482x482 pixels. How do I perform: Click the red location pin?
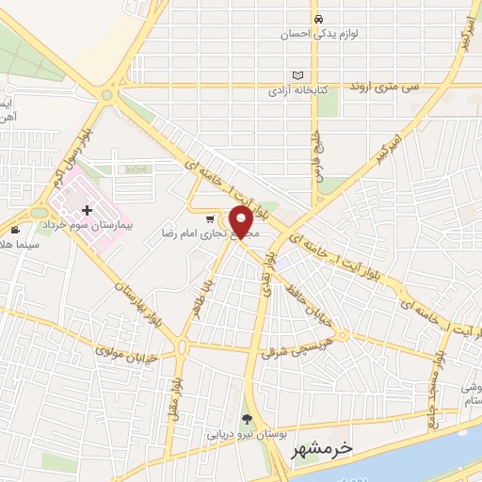[x=241, y=220]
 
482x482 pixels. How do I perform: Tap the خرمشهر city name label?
[x=317, y=449]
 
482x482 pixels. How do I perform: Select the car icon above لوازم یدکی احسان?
[x=319, y=19]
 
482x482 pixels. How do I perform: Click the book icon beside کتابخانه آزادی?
[x=299, y=75]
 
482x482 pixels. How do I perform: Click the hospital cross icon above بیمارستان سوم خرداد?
[x=87, y=211]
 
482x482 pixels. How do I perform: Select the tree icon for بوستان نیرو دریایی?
[x=248, y=421]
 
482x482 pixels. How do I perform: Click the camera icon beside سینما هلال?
[x=15, y=230]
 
